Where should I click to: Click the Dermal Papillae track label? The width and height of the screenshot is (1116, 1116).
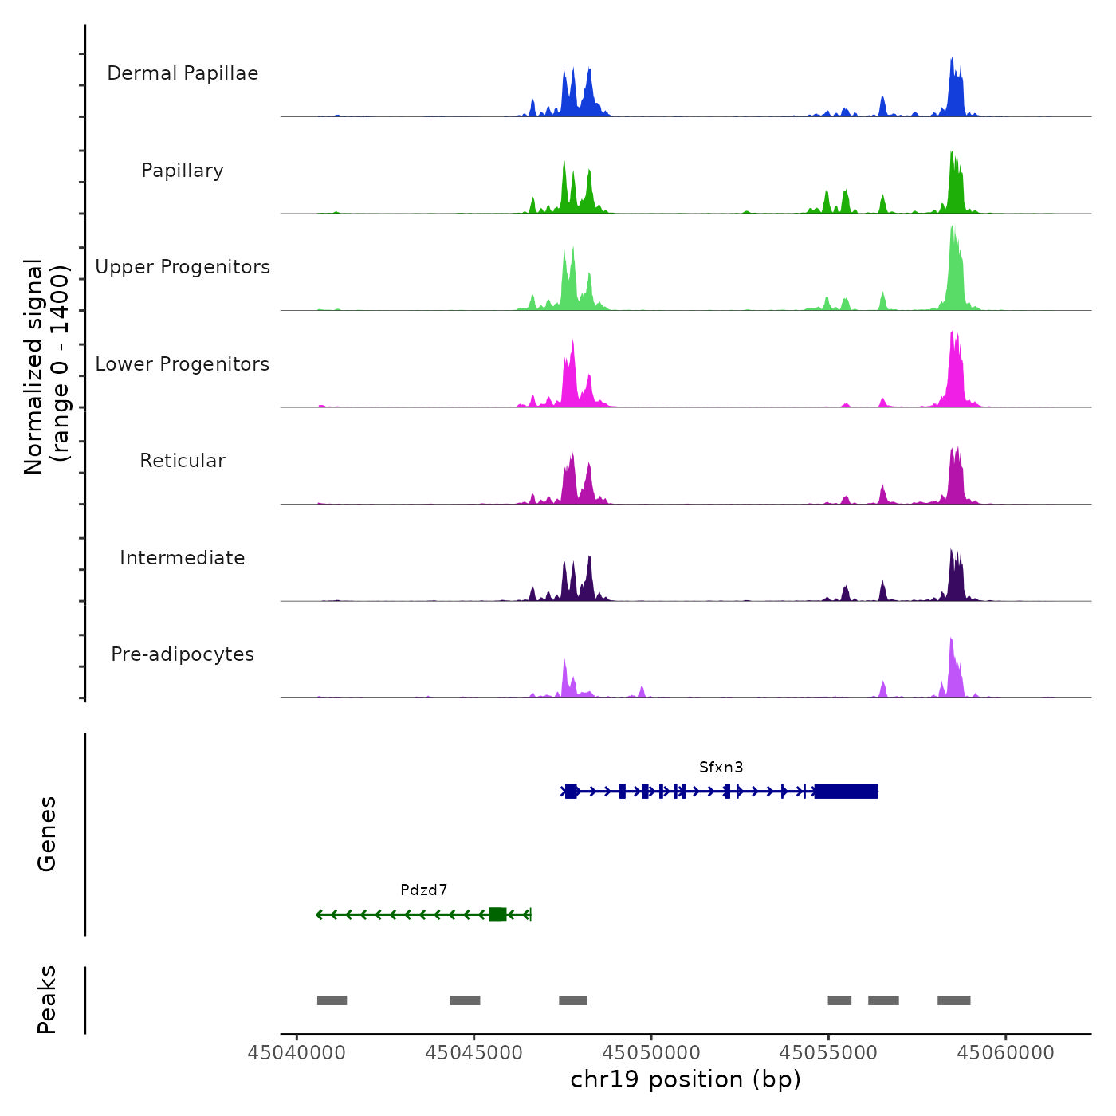[x=183, y=73]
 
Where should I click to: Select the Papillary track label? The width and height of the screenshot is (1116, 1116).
[x=183, y=171]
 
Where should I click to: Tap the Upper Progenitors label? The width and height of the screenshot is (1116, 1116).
[x=183, y=267]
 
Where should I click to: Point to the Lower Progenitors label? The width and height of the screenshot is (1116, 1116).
[x=183, y=364]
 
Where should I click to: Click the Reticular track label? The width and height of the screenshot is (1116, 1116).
[x=183, y=461]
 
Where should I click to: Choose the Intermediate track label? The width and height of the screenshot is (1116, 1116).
[x=183, y=558]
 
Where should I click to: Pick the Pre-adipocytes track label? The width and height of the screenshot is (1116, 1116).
[x=183, y=654]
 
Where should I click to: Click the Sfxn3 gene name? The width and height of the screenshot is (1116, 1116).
[x=721, y=768]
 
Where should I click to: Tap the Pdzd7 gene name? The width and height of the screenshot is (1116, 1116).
[x=423, y=890]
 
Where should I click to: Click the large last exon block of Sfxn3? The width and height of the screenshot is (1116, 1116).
[x=845, y=792]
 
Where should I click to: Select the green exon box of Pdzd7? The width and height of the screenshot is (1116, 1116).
[x=497, y=914]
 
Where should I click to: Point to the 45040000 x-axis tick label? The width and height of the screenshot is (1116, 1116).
[x=297, y=1053]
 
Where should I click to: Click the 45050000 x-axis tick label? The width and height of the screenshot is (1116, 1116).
[x=651, y=1053]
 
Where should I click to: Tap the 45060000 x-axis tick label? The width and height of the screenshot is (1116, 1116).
[x=1005, y=1053]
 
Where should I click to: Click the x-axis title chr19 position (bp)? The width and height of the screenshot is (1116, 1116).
[x=686, y=1079]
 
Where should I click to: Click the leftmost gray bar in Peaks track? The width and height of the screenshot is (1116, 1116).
[x=332, y=1000]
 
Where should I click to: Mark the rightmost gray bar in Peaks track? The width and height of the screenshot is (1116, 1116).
[x=953, y=1000]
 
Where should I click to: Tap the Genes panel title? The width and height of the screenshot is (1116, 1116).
[x=47, y=834]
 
